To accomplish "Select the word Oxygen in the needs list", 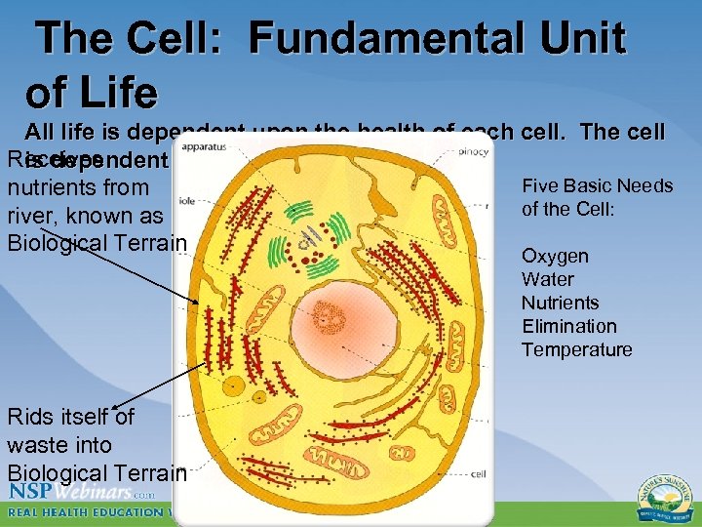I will (555, 256).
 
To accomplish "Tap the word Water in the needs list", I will (547, 279).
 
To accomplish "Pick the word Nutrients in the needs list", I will (560, 303).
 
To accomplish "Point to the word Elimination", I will (568, 326).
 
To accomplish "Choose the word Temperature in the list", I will (576, 349).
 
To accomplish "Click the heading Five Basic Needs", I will (597, 185).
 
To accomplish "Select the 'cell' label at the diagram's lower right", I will (479, 474).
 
